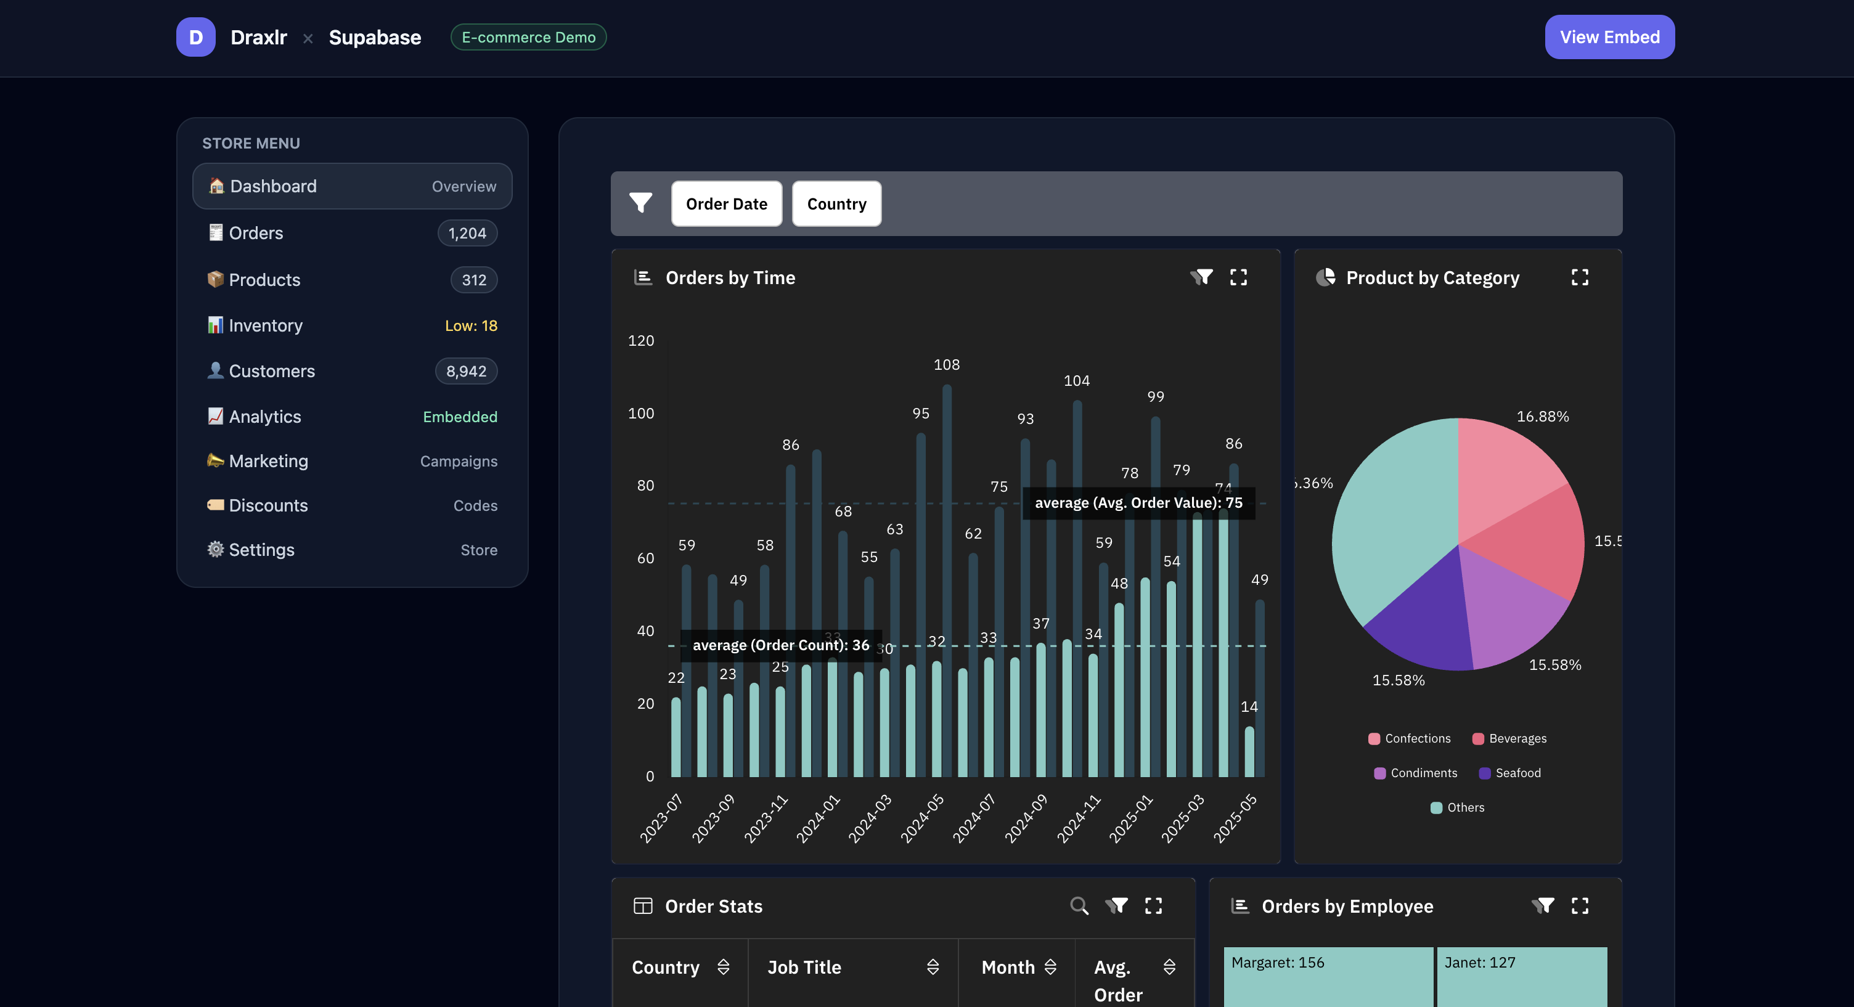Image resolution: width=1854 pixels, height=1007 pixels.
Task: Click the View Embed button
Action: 1609,38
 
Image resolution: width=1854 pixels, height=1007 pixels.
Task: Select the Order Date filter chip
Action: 725,204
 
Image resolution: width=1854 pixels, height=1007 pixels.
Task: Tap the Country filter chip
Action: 836,204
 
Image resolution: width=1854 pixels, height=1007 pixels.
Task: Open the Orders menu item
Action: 256,233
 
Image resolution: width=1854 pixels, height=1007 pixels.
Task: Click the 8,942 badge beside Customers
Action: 466,372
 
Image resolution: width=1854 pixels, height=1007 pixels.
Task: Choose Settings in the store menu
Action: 261,550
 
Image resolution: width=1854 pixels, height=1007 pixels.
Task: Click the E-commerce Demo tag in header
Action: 528,38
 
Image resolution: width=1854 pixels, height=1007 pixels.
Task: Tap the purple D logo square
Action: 196,38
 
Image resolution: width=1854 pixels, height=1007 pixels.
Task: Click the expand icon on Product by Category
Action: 1579,278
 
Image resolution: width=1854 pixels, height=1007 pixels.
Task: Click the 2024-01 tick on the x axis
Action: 818,818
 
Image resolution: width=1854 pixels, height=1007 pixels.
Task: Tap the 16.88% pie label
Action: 1542,417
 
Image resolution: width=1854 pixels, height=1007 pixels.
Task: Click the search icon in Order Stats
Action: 1078,905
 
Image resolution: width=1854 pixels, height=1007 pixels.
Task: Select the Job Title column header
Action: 803,968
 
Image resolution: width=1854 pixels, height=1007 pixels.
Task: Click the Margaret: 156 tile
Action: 1277,963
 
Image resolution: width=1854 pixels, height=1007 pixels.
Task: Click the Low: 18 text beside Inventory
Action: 471,326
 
